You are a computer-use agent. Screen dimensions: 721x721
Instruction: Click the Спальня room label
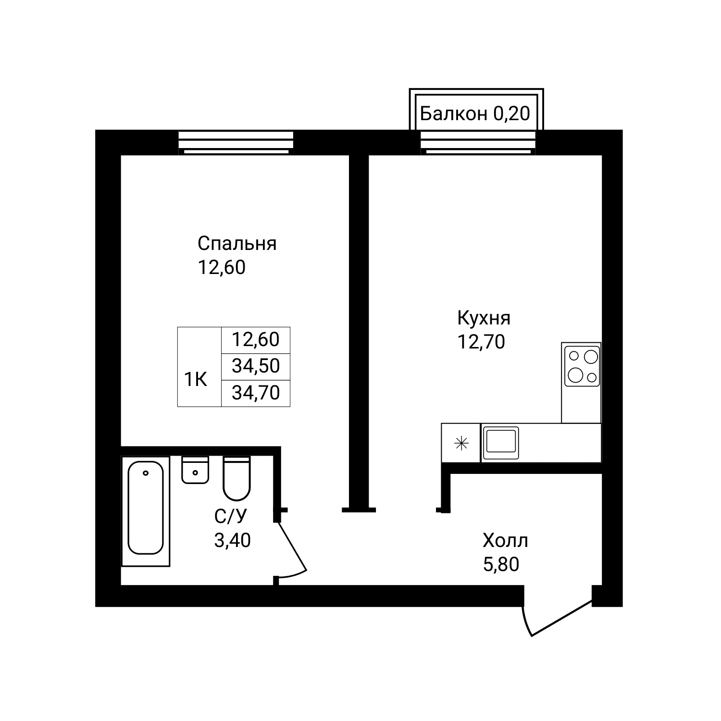(x=237, y=244)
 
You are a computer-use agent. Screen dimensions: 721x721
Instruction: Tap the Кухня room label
(x=484, y=318)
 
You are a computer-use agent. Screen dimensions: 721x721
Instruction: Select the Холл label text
(x=505, y=541)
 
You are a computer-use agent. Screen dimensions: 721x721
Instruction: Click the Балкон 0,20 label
(x=475, y=114)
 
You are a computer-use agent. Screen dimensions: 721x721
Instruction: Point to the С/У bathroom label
(x=231, y=517)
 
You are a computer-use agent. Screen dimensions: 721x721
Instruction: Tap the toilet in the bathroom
(x=236, y=479)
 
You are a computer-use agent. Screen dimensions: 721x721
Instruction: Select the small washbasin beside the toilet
(x=195, y=470)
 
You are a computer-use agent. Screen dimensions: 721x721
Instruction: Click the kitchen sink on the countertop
(x=501, y=442)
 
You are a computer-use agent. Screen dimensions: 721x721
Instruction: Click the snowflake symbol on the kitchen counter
(x=461, y=443)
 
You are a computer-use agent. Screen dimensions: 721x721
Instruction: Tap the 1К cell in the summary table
(x=196, y=380)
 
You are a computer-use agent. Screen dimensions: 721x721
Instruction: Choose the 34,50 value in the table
(x=256, y=366)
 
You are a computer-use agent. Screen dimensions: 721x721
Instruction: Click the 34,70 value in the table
(x=256, y=393)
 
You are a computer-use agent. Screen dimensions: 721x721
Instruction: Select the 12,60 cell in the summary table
(x=256, y=339)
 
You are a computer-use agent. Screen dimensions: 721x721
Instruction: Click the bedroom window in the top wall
(x=236, y=143)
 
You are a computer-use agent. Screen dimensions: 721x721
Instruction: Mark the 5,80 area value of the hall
(x=501, y=564)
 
